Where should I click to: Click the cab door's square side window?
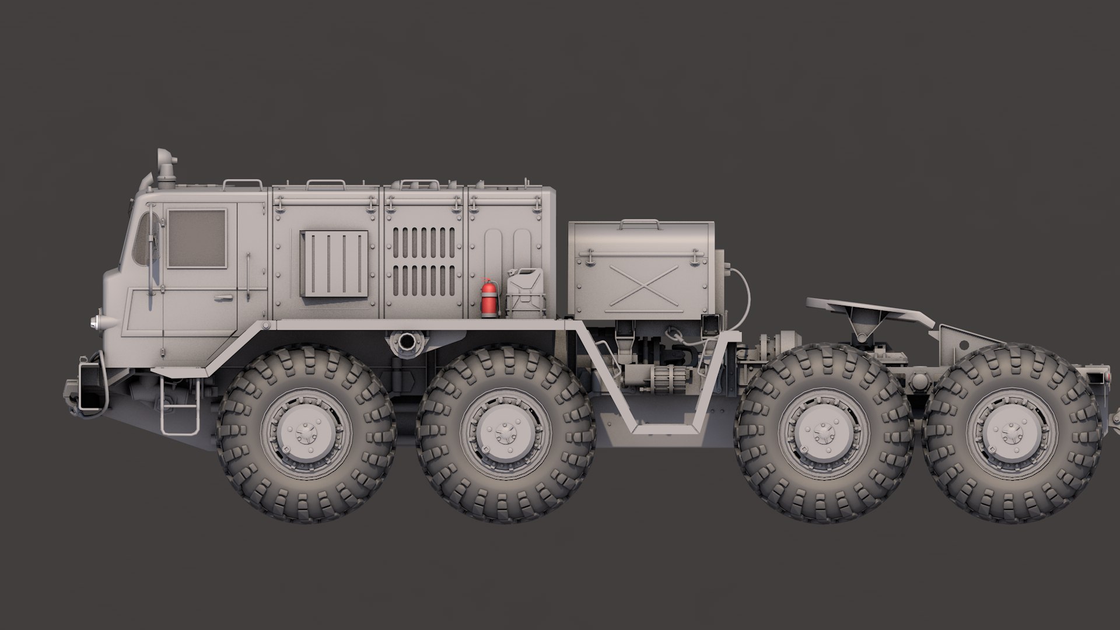(196, 239)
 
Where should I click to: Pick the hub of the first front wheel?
(306, 433)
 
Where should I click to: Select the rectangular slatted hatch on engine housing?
(335, 263)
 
